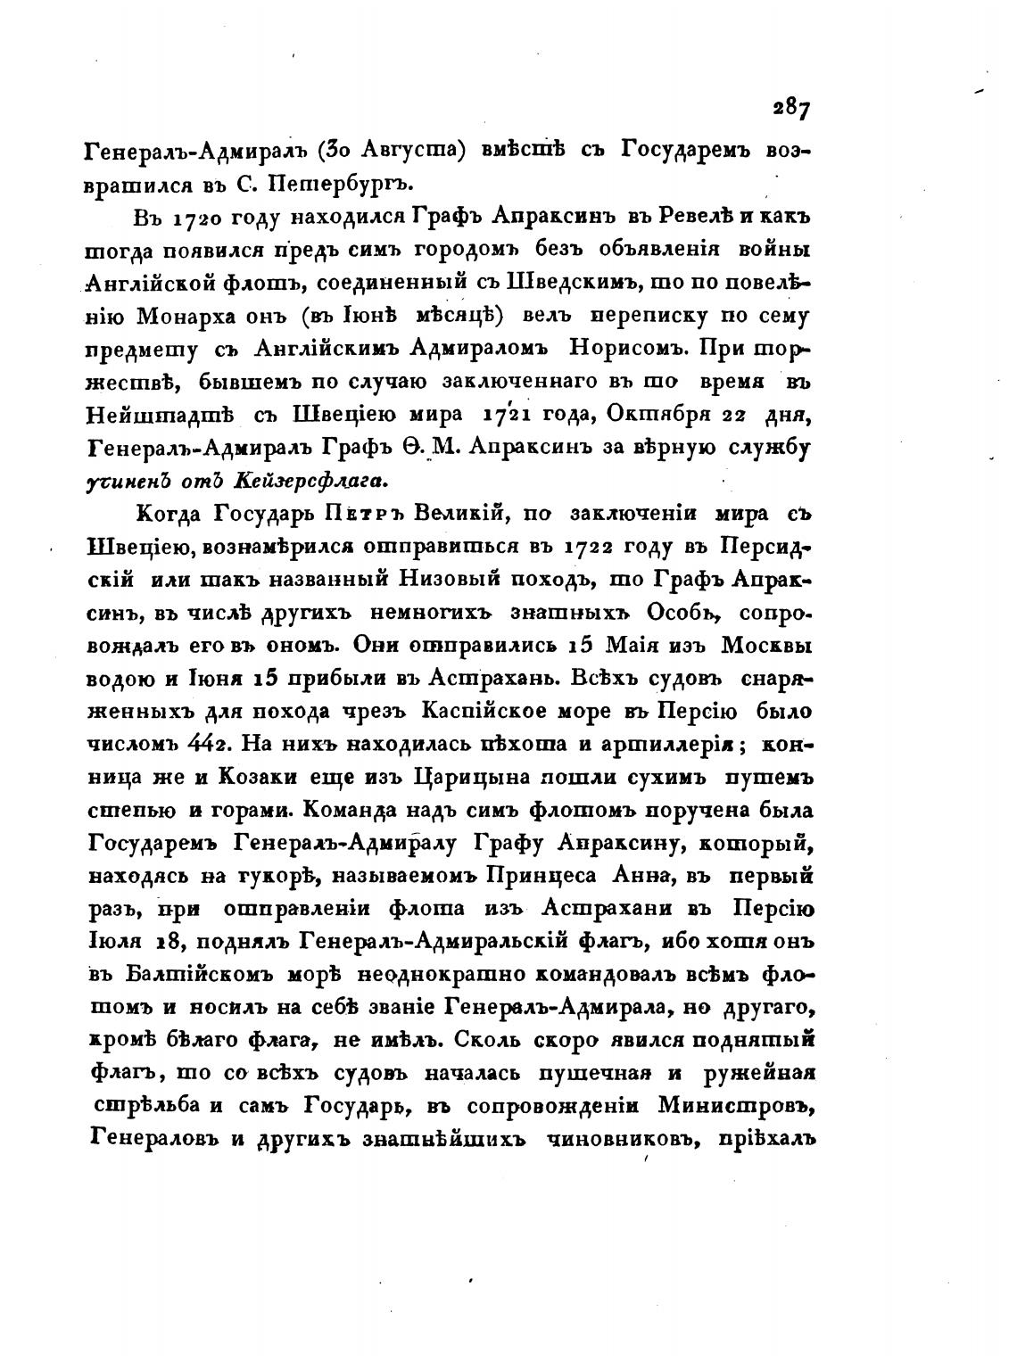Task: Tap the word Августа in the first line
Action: tap(398, 151)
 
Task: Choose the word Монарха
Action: tap(204, 316)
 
